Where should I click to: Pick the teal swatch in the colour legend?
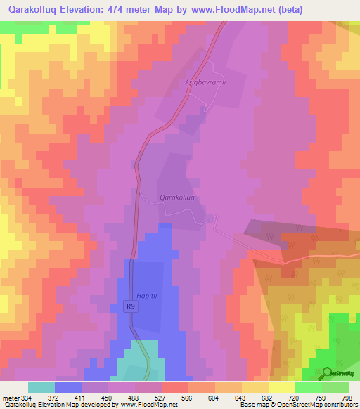tap(41, 387)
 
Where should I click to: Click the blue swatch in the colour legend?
tap(68, 387)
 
